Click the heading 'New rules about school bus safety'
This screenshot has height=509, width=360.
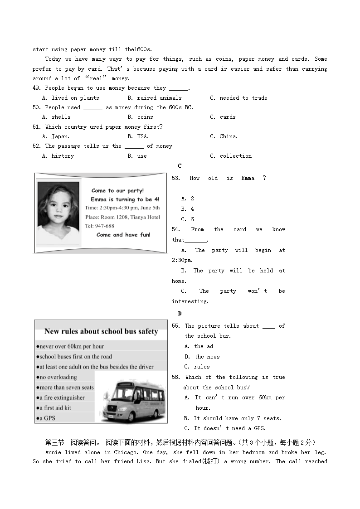tap(101, 331)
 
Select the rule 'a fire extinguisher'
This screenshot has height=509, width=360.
tap(62, 398)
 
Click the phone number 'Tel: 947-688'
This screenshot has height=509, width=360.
tap(100, 226)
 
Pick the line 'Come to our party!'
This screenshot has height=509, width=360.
tap(117, 191)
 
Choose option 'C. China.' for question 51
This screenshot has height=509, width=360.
tap(224, 136)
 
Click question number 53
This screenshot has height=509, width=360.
tap(175, 178)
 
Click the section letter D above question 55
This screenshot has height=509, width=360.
tap(180, 313)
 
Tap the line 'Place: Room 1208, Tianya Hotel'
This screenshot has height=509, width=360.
tap(122, 217)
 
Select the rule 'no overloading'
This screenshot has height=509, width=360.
tap(57, 377)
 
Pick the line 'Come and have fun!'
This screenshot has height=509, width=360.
tap(123, 235)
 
